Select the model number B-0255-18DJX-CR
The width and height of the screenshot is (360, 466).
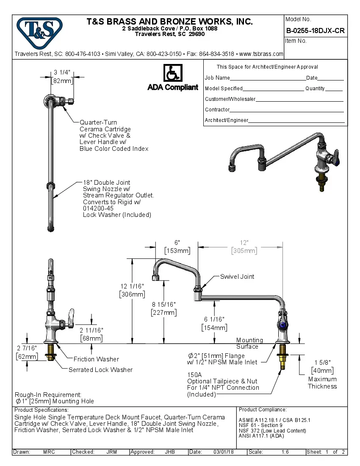pyautogui.click(x=315, y=31)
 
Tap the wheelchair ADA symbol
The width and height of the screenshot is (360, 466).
pyautogui.click(x=173, y=73)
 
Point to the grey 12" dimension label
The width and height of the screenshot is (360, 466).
pyautogui.click(x=244, y=243)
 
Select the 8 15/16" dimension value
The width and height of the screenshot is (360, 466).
pyautogui.click(x=163, y=305)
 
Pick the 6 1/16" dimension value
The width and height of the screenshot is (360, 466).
pyautogui.click(x=214, y=319)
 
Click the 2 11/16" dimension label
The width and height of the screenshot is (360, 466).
pyautogui.click(x=91, y=330)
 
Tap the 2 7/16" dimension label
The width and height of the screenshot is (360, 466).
pyautogui.click(x=26, y=348)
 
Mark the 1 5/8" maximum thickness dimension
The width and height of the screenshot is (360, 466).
pyautogui.click(x=322, y=362)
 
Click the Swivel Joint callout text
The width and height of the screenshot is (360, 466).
pyautogui.click(x=237, y=277)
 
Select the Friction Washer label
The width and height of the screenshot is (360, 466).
pyautogui.click(x=96, y=359)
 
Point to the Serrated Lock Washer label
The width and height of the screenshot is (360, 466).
pyautogui.click(x=100, y=370)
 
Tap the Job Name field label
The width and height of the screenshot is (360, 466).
pyautogui.click(x=217, y=78)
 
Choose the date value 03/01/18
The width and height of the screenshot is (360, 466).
pyautogui.click(x=224, y=452)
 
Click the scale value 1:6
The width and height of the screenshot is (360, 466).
pyautogui.click(x=285, y=452)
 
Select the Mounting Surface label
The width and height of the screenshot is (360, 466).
pyautogui.click(x=249, y=343)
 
